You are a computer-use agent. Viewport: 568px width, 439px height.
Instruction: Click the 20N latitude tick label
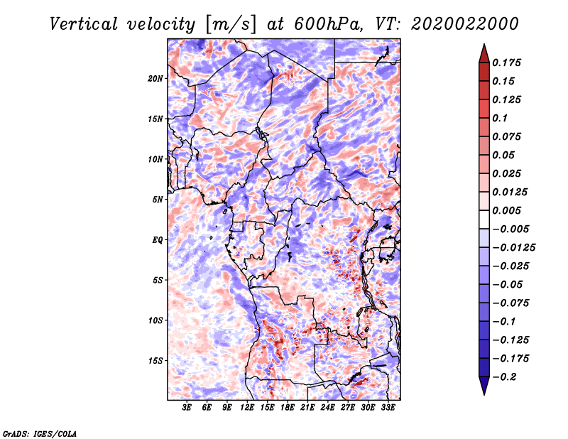(155, 79)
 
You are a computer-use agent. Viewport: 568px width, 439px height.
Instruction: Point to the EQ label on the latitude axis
(158, 240)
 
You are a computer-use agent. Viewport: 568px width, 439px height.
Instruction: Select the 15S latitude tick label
(155, 361)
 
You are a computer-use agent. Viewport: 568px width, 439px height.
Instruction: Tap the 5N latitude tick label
(158, 200)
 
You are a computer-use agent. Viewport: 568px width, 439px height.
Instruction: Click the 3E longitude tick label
(187, 408)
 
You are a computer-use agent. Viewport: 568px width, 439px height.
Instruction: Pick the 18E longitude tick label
(288, 408)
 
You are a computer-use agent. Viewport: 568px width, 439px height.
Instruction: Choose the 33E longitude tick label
(388, 408)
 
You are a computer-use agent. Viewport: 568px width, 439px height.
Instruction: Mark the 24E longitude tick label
(327, 408)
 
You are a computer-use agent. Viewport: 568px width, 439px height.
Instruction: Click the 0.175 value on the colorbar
(506, 63)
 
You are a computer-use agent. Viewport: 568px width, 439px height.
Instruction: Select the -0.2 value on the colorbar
(504, 377)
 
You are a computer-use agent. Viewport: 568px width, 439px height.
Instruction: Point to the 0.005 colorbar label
(506, 210)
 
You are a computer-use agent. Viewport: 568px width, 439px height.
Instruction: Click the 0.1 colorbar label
(500, 118)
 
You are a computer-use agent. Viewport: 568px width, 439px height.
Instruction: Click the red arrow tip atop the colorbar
(484, 45)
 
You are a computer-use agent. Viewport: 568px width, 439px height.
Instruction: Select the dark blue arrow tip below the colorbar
(484, 394)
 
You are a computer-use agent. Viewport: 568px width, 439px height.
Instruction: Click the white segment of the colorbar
(484, 220)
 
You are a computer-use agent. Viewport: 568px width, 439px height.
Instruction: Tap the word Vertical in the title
(84, 24)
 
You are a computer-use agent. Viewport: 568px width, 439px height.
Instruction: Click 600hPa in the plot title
(328, 24)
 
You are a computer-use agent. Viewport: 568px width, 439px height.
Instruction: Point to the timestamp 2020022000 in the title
(465, 24)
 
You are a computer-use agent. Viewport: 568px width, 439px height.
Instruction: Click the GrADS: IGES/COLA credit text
(40, 434)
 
